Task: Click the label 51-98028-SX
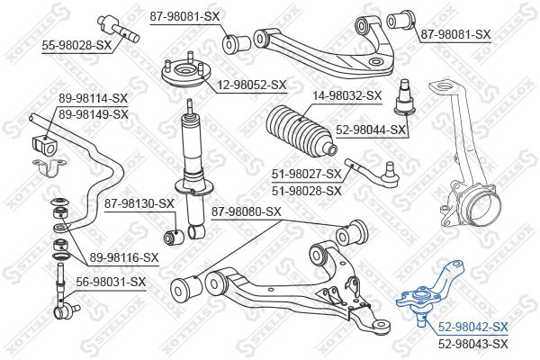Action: pos(306,190)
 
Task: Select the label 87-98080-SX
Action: pos(246,211)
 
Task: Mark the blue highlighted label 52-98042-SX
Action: pos(472,327)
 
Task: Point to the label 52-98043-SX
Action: pos(472,343)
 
